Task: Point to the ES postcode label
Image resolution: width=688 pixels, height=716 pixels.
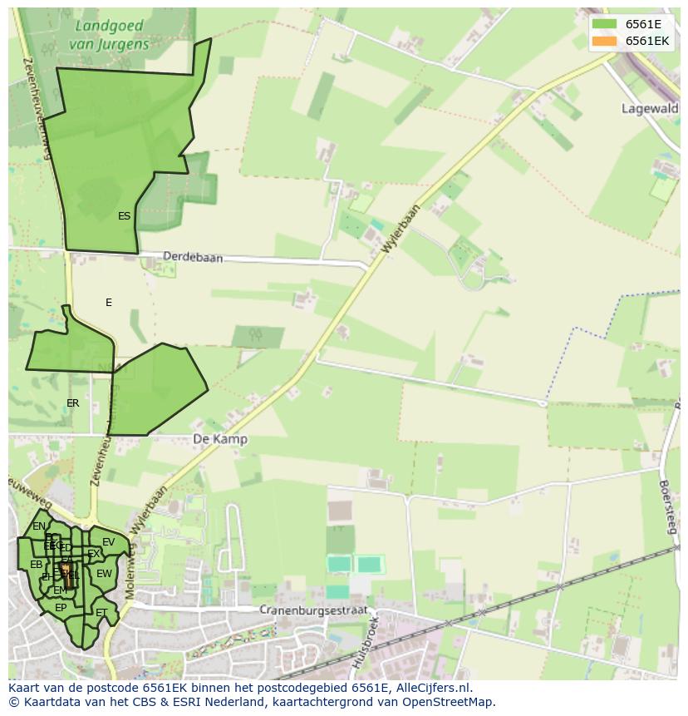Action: (124, 216)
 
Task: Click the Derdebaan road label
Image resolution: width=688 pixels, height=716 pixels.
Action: (193, 258)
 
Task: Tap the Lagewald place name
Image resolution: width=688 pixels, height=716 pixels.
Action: (650, 108)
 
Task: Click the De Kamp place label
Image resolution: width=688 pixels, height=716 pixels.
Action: (219, 439)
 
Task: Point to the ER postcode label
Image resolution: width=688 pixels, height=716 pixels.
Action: (73, 403)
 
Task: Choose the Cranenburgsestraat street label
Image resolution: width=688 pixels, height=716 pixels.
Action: (312, 610)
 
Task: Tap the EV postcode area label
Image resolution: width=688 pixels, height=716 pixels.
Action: (109, 542)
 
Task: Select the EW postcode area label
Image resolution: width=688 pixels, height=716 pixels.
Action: (104, 574)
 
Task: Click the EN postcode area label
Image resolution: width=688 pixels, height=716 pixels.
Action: (39, 526)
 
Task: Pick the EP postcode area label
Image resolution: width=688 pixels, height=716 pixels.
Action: (61, 608)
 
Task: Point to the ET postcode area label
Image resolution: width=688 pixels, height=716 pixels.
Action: (101, 613)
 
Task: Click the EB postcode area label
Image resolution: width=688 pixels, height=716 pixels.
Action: (36, 565)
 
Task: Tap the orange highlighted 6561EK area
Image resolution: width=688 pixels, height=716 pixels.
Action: (66, 571)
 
